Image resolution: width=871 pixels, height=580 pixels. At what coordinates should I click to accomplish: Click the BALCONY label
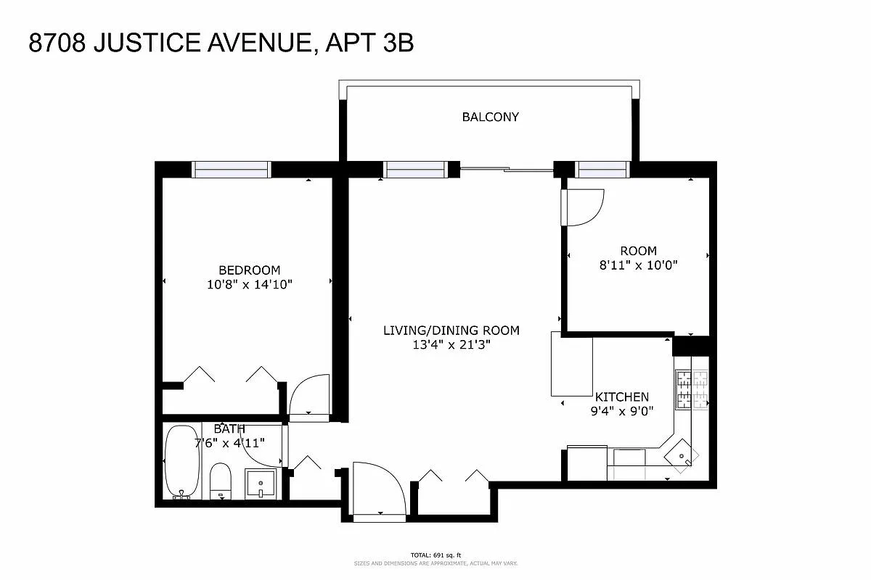(x=491, y=117)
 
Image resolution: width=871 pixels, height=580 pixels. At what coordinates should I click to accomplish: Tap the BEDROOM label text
(x=249, y=270)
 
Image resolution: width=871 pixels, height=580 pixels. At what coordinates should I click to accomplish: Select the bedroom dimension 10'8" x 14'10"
(x=249, y=285)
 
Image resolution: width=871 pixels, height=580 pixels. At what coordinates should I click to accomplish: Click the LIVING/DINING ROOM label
(x=451, y=331)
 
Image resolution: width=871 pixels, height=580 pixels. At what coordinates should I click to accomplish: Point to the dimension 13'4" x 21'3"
(x=451, y=345)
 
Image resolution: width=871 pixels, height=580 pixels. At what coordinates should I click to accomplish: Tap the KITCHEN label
(x=621, y=397)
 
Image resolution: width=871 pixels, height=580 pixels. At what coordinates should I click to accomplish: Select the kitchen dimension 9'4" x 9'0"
(x=621, y=411)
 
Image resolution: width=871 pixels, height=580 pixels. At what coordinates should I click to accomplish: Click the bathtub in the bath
(x=181, y=462)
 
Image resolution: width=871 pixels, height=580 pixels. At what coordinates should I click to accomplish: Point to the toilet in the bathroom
(x=220, y=481)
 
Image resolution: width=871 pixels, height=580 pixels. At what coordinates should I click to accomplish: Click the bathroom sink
(x=260, y=483)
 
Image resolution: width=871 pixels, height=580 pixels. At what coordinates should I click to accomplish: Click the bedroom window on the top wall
(x=231, y=169)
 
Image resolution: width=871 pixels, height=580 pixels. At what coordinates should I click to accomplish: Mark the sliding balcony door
(x=507, y=170)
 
